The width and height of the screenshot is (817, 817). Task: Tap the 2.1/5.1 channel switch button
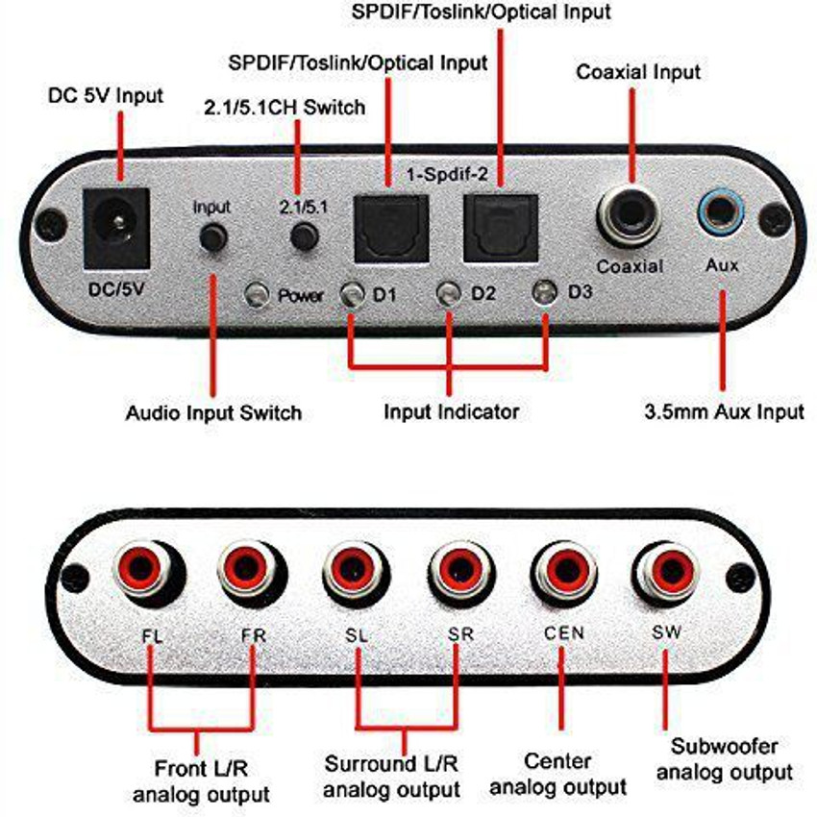[x=306, y=236]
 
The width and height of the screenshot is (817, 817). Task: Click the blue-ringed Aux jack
[x=720, y=210]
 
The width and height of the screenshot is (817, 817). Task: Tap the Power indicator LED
[x=256, y=294]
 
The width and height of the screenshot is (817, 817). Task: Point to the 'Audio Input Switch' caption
[x=213, y=413]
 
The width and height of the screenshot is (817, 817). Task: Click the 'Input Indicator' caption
[x=451, y=412]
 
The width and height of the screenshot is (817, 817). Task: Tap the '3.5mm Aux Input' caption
[x=724, y=412]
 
